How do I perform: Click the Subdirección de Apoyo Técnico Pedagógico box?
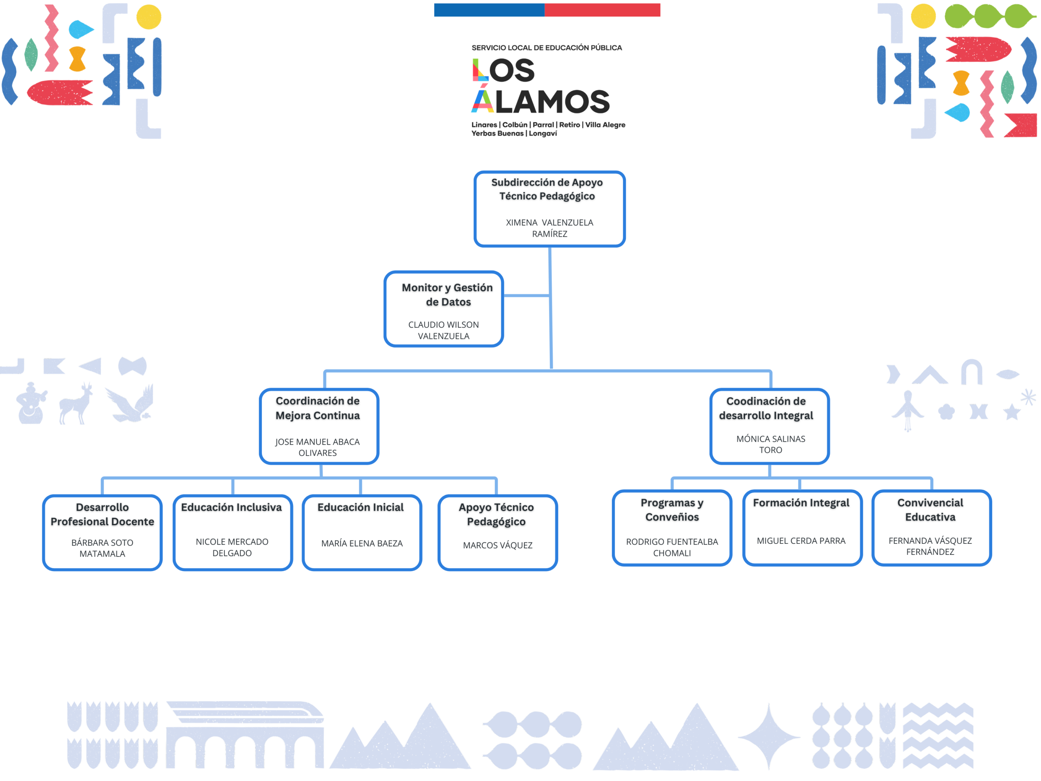pos(549,209)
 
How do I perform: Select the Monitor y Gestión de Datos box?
pos(443,309)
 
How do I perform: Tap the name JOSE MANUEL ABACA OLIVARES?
pos(318,447)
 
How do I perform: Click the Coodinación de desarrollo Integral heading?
pos(766,408)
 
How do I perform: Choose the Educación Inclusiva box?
pos(232,532)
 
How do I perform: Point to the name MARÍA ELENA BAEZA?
pos(362,543)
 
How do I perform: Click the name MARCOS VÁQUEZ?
pos(497,545)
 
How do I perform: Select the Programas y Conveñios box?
pos(672,528)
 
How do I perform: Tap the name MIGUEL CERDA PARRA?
pos(801,541)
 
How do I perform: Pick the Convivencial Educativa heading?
pos(930,510)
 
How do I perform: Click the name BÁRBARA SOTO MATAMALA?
pos(102,548)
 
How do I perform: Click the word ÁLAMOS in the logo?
pos(541,101)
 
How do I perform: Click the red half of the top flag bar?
pos(602,10)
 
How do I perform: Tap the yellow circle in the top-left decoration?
pos(149,17)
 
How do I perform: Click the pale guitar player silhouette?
pos(31,404)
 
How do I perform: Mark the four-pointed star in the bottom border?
pos(769,736)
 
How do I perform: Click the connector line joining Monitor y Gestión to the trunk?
pos(526,296)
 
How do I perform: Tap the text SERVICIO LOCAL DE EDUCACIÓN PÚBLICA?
pos(547,48)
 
